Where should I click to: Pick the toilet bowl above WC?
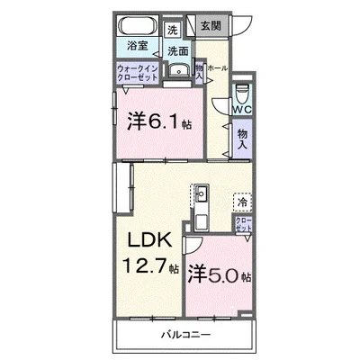pos(240,93)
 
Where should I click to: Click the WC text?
pos(240,109)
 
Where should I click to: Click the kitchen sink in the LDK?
pos(200,192)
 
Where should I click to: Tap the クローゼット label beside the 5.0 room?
pos(243,225)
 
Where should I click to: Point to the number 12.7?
pos(141,266)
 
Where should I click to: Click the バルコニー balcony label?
pos(186,335)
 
